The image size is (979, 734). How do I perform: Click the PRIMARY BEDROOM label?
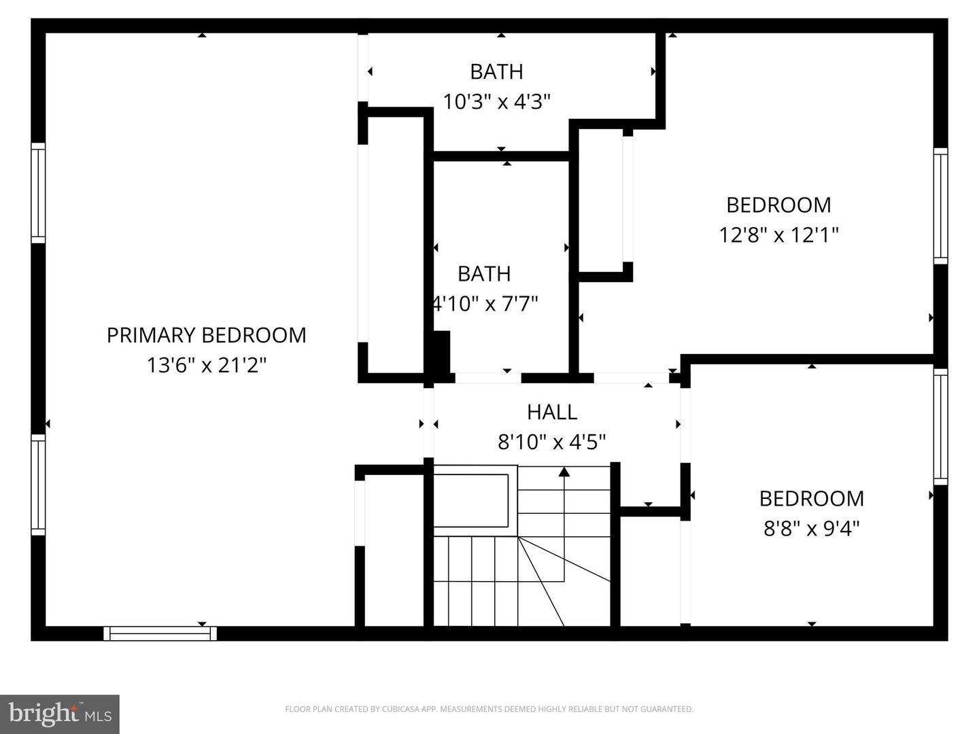coord(206,335)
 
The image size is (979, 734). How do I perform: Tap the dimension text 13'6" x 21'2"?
coord(206,366)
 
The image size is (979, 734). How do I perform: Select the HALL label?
coord(552,412)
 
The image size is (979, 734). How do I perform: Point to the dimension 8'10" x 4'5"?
coord(552,442)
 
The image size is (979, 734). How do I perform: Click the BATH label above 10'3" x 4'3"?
coord(496,71)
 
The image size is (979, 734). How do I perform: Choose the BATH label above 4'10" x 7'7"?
coord(484,273)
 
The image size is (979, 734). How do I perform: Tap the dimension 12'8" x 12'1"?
coord(778,235)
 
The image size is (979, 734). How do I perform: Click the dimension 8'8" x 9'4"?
coord(812,528)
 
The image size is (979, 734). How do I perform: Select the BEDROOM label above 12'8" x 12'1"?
coord(778,205)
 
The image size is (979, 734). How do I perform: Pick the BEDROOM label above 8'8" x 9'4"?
coord(812,498)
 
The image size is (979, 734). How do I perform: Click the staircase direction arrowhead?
coord(564,471)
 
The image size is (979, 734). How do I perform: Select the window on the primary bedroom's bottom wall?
coord(160,633)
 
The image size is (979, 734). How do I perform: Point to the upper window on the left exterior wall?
coord(38,192)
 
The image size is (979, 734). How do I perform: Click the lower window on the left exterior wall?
coord(38,485)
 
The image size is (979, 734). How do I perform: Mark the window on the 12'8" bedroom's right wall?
coord(940,206)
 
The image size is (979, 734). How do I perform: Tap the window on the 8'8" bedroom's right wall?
coord(940,426)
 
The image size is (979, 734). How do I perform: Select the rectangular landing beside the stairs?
coord(471,500)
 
